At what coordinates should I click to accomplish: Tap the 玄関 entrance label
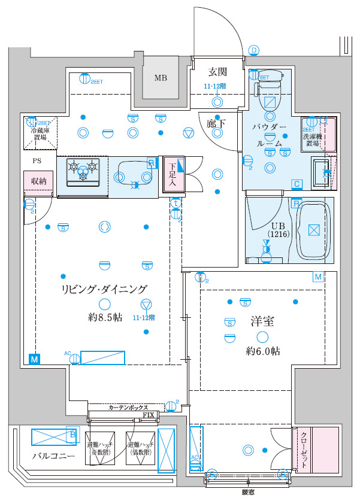pos(217,72)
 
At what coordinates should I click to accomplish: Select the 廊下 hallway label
pos(216,123)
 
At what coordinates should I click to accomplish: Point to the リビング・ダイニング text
pos(104,290)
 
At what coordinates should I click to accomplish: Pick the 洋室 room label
pos(262,321)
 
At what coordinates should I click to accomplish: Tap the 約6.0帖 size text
pos(262,352)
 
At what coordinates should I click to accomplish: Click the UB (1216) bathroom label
pos(279,230)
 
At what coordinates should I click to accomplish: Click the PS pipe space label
pos(37,161)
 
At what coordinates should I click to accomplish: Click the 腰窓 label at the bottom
pos(248,492)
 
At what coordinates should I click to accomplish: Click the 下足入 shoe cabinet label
pos(171,174)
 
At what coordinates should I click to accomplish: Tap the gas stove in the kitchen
pos(83,171)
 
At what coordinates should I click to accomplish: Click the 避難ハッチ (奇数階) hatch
pos(99,448)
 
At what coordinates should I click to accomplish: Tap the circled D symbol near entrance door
pos(254,50)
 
